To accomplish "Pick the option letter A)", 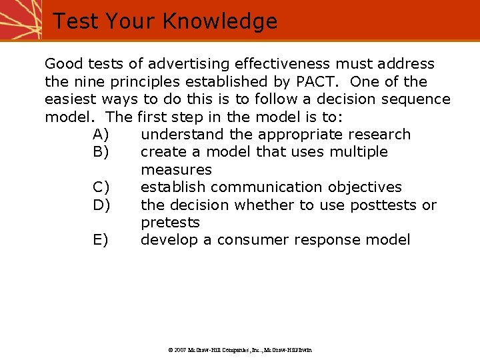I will [101, 135].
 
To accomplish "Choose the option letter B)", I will [101, 152].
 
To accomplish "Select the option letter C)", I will [101, 187].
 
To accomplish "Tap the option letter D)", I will [101, 205].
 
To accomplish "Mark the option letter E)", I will [101, 240].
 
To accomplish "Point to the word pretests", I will [170, 223].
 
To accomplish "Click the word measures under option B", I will [176, 170].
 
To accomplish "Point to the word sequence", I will [419, 99].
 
